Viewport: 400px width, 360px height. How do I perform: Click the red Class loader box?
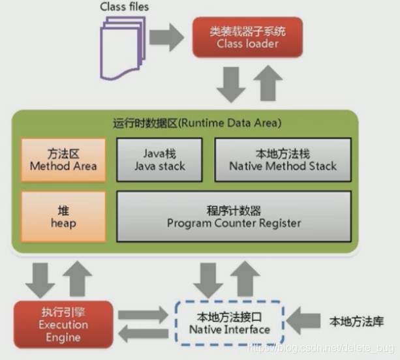click(247, 37)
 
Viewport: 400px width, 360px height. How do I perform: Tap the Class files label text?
click(124, 7)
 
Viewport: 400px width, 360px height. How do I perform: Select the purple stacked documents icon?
click(123, 48)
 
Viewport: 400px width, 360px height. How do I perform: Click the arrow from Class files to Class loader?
click(166, 37)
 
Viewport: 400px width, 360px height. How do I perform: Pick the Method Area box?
click(63, 160)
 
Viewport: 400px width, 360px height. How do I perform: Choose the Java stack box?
click(159, 160)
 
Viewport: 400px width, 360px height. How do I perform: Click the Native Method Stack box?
click(283, 160)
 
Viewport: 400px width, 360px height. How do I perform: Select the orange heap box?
click(63, 217)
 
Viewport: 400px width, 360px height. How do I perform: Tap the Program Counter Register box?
click(234, 217)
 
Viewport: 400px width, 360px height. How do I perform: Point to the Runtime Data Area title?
click(197, 123)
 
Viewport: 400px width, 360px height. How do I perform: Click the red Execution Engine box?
click(63, 325)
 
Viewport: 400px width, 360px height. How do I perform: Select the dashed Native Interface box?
click(230, 323)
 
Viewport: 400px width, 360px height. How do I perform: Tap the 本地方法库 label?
click(356, 322)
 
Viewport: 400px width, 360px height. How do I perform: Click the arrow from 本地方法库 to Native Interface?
click(303, 321)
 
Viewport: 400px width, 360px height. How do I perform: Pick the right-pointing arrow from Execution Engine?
click(144, 314)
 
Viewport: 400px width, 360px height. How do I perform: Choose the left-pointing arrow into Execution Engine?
click(144, 334)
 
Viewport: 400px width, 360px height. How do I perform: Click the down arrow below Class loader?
click(231, 85)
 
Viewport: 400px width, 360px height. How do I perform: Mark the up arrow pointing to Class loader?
click(268, 83)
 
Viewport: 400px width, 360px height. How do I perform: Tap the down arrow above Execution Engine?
click(40, 280)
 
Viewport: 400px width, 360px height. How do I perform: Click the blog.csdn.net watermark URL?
click(320, 348)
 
